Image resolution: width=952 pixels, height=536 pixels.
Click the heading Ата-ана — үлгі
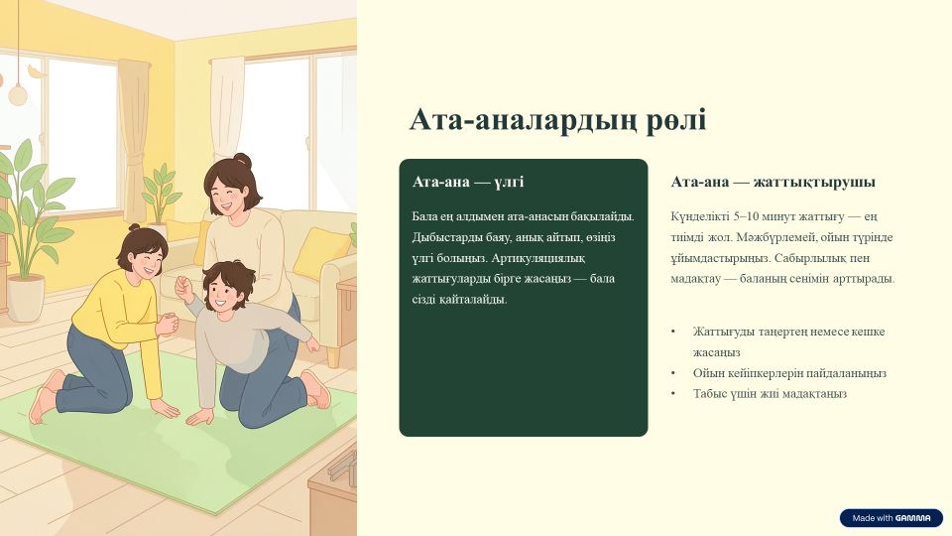[468, 182]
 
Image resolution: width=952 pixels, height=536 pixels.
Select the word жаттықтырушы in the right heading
[814, 182]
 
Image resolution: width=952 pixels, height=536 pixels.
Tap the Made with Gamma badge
[891, 518]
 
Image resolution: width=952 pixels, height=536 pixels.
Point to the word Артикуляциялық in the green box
[537, 258]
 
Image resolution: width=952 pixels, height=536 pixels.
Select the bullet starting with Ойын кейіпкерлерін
[789, 373]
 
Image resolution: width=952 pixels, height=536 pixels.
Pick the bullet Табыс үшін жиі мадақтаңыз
[770, 394]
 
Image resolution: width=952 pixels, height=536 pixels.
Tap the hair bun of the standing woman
[242, 161]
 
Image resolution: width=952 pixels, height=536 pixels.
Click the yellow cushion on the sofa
[321, 253]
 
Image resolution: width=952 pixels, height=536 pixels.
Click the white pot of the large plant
[26, 298]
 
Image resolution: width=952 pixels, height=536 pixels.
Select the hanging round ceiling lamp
[18, 94]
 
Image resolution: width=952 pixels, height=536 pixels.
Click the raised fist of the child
[182, 286]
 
